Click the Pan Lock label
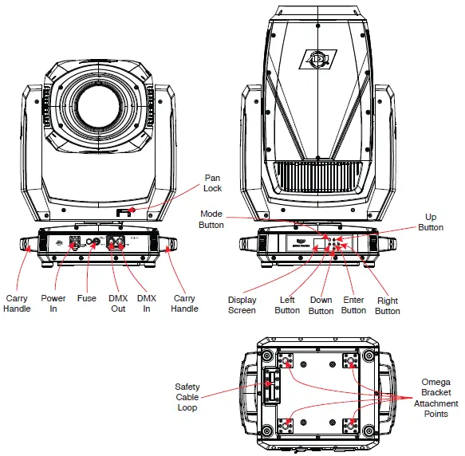coord(212,183)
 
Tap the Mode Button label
coord(211,220)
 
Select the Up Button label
coord(431,222)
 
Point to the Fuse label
coord(87,298)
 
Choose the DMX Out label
coord(117,303)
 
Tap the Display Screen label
coord(242,305)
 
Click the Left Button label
coord(286,305)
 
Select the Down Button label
coord(320,305)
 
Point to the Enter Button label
coord(353,305)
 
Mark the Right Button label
coord(388,305)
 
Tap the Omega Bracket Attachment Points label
coord(436,398)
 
